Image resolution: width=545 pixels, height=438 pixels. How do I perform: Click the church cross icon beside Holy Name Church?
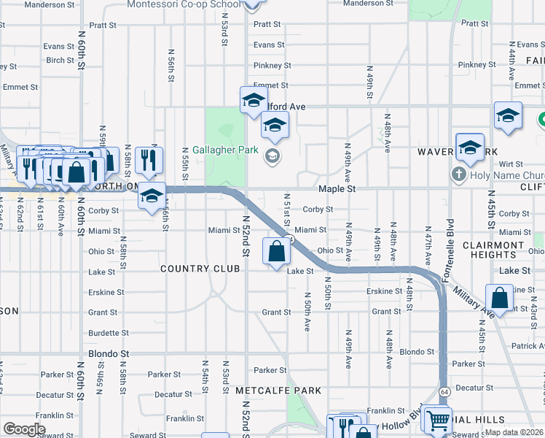click(458, 174)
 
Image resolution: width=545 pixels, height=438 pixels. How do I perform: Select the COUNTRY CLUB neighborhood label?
click(200, 269)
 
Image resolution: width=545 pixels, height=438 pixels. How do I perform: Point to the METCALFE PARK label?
click(278, 391)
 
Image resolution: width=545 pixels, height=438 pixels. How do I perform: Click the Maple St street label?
click(337, 188)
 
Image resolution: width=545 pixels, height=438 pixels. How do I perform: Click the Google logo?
click(24, 429)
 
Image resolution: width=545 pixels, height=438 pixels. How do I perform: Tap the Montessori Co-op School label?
click(183, 4)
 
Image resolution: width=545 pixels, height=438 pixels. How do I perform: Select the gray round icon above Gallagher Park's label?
click(272, 154)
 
